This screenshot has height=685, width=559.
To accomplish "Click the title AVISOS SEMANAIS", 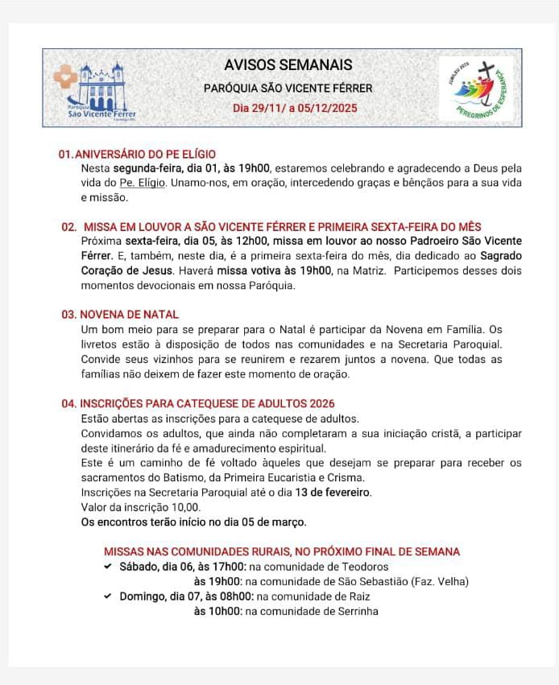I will (288, 65).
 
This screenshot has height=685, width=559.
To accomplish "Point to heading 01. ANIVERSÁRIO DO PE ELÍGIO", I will (138, 154).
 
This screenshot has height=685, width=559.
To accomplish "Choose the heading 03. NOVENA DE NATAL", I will (120, 314).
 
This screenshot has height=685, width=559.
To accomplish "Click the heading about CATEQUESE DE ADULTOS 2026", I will (197, 403).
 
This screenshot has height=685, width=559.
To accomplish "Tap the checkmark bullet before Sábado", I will (108, 567).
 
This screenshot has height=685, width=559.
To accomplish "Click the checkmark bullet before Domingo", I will (108, 596).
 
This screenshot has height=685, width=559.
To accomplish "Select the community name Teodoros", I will (361, 567).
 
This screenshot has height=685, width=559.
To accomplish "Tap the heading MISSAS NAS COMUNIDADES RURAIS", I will (282, 551).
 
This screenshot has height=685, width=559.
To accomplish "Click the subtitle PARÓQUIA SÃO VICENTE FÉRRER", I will (288, 88).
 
